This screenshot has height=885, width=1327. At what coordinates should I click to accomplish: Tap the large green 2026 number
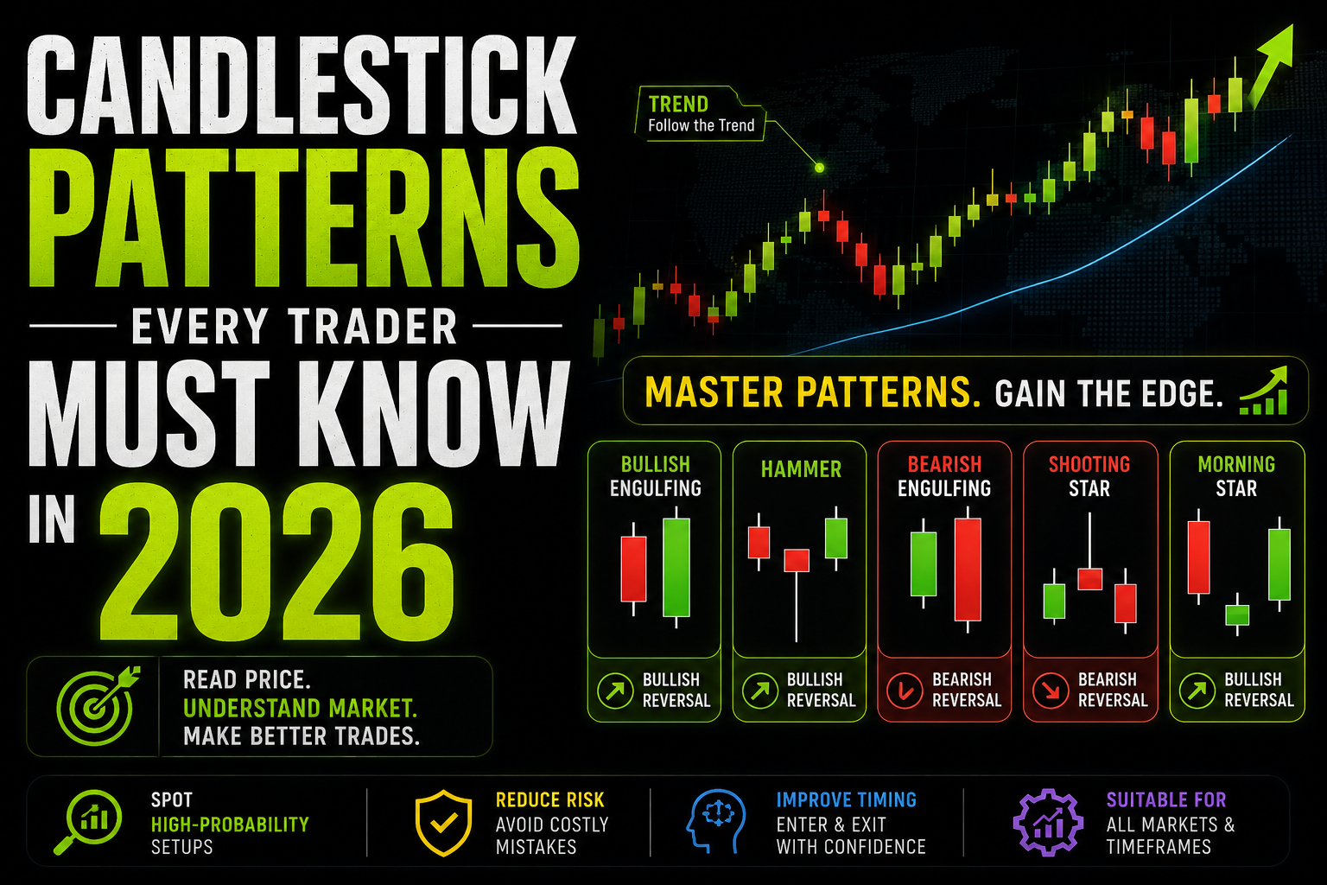tap(276, 562)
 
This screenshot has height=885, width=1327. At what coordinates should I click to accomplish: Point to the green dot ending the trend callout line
tap(819, 168)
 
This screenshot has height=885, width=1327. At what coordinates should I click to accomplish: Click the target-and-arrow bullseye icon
tap(97, 704)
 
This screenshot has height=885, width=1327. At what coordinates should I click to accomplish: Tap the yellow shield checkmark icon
tap(444, 822)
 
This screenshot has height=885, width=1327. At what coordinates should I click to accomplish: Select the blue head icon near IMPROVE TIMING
tap(715, 821)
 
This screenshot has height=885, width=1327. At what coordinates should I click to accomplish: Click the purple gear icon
tap(1047, 822)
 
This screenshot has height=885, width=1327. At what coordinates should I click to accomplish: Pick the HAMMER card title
tap(801, 469)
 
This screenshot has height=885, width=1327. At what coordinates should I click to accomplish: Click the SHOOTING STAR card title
tap(1089, 476)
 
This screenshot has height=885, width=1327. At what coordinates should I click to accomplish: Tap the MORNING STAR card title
tap(1236, 476)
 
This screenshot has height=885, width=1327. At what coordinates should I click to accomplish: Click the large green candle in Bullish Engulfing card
tap(676, 567)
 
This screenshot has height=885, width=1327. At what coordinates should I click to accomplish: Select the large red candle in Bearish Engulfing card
tap(968, 569)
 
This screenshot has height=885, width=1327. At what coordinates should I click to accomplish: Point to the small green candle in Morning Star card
tap(1237, 614)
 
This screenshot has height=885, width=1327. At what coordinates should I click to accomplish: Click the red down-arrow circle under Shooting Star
tap(1051, 691)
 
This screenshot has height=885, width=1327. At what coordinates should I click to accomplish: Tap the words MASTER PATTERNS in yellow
tap(811, 392)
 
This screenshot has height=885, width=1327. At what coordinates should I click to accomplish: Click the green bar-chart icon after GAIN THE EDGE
tap(1264, 392)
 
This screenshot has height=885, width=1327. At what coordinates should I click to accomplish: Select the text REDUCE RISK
tap(549, 800)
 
